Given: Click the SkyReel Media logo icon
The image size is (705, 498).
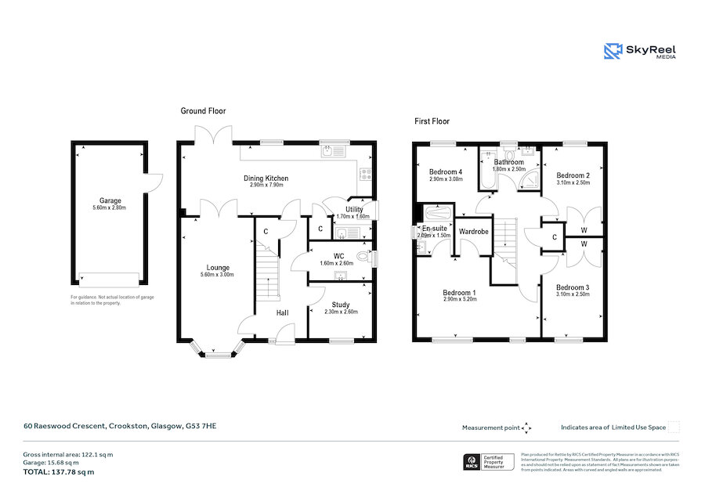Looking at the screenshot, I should click(613, 52).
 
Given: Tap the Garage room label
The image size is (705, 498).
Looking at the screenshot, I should click(110, 200).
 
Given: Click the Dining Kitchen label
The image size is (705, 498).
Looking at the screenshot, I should click(266, 179).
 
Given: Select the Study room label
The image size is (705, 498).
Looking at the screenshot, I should click(340, 305).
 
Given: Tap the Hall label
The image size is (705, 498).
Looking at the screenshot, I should click(282, 313).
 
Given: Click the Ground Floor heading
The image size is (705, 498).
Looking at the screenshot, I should click(203, 111).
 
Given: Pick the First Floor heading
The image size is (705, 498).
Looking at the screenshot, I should click(432, 121).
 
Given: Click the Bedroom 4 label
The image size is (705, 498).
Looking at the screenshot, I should click(446, 171).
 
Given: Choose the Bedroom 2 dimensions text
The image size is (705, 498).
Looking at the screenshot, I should click(572, 182).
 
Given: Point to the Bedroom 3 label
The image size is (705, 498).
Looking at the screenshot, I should click(572, 287).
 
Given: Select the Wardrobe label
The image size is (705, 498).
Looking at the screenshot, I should click(474, 232).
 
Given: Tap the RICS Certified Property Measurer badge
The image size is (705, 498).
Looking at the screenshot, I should click(488, 462).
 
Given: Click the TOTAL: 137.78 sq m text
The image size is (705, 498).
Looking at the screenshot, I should click(59, 471).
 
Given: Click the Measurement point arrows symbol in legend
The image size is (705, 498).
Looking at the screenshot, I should click(526, 428).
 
